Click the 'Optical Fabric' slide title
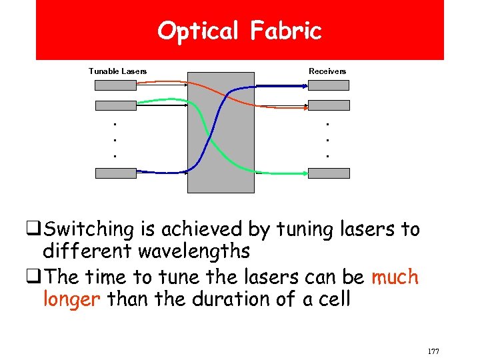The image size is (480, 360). coord(239,31)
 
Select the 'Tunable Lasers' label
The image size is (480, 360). coord(117,71)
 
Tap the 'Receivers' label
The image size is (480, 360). coord(327,71)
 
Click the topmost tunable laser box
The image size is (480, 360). coord(115,85)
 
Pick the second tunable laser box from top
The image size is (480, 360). coord(115,105)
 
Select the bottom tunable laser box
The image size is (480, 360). coord(115,173)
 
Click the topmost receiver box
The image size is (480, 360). coord(329,85)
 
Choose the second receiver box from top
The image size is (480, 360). coord(329,105)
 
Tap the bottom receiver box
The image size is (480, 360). coord(329,173)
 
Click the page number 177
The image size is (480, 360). coord(433,351)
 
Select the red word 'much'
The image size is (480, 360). coord(395,276)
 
